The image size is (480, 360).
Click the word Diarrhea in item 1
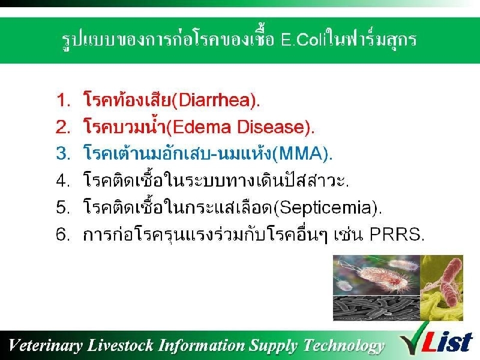click(x=214, y=100)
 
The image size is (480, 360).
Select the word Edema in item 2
click(x=202, y=127)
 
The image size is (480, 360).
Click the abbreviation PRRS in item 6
click(x=395, y=235)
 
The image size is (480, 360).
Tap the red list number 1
click(x=63, y=100)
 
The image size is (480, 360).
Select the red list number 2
click(x=63, y=127)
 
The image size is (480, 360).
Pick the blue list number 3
click(x=63, y=153)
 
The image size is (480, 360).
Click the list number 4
click(x=63, y=180)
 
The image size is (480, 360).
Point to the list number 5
click(x=63, y=207)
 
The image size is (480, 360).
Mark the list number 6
click(x=63, y=235)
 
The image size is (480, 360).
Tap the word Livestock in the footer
click(x=120, y=345)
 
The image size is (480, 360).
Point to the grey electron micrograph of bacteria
click(x=376, y=308)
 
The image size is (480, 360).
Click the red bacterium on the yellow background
click(x=450, y=281)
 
